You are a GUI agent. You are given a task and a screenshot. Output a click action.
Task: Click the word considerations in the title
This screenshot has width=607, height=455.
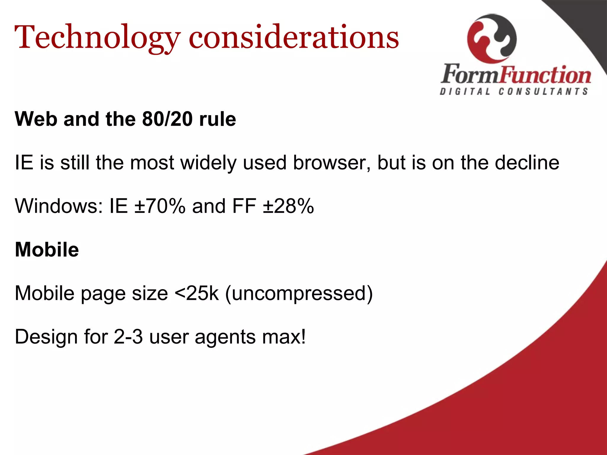(294, 38)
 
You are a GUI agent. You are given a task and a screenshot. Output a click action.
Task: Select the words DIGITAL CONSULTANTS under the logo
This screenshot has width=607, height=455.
(514, 92)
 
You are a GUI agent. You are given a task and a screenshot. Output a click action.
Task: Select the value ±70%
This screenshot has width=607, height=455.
(160, 206)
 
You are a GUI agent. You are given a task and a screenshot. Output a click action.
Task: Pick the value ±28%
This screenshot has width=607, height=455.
(288, 206)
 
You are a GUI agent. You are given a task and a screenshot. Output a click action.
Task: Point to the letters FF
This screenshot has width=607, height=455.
(244, 206)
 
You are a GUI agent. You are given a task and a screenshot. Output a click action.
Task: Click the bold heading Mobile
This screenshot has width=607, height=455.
(47, 249)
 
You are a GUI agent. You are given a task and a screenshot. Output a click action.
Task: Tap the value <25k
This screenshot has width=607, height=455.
(197, 293)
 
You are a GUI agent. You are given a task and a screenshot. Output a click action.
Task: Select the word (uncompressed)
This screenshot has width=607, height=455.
(299, 293)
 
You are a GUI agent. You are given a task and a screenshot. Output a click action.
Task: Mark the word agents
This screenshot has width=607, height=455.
(225, 337)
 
